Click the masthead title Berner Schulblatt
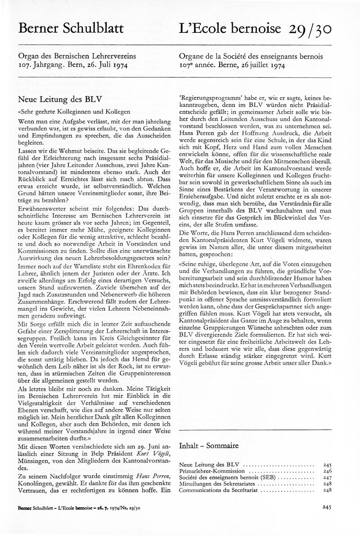[x=71, y=28]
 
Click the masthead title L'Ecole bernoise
[x=231, y=28]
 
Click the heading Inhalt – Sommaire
[x=209, y=446]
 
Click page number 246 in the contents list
[x=327, y=470]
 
